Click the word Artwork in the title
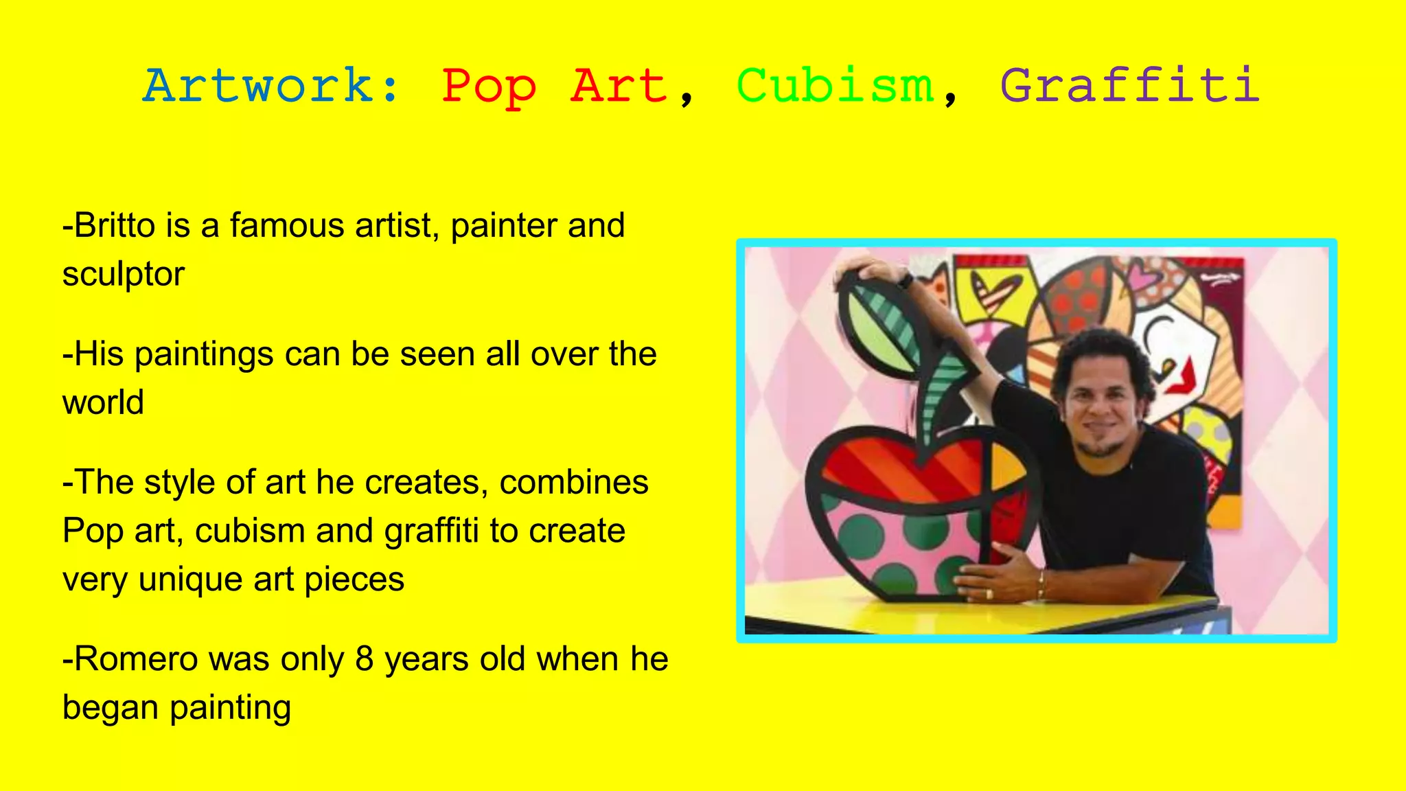tap(260, 87)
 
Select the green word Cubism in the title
tap(835, 87)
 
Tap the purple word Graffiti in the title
tap(1129, 87)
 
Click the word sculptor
tap(124, 275)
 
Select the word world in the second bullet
tap(103, 402)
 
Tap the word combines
tap(574, 482)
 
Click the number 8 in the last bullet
tap(365, 659)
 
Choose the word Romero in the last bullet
tap(135, 659)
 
